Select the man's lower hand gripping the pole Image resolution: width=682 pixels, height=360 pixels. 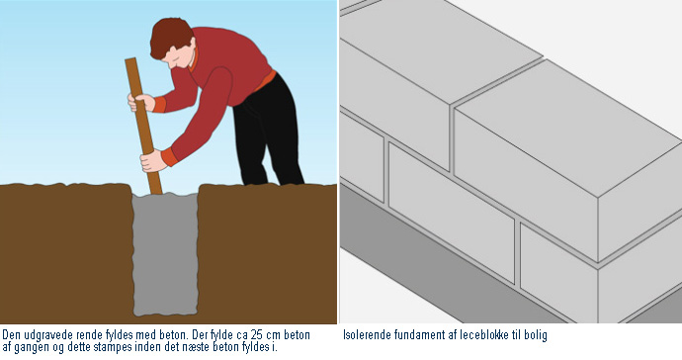(153, 160)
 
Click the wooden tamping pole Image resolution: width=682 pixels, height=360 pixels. (143, 127)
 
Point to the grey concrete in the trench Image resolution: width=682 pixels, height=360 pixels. (165, 254)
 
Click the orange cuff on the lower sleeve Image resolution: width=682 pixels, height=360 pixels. (169, 156)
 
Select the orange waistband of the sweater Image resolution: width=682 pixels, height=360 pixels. (265, 80)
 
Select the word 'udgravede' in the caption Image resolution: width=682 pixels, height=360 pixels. (47, 335)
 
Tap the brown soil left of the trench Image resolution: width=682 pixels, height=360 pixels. (66, 253)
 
